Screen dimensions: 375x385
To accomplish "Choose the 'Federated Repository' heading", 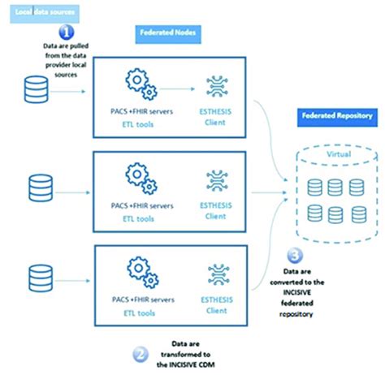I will [x=336, y=115].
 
